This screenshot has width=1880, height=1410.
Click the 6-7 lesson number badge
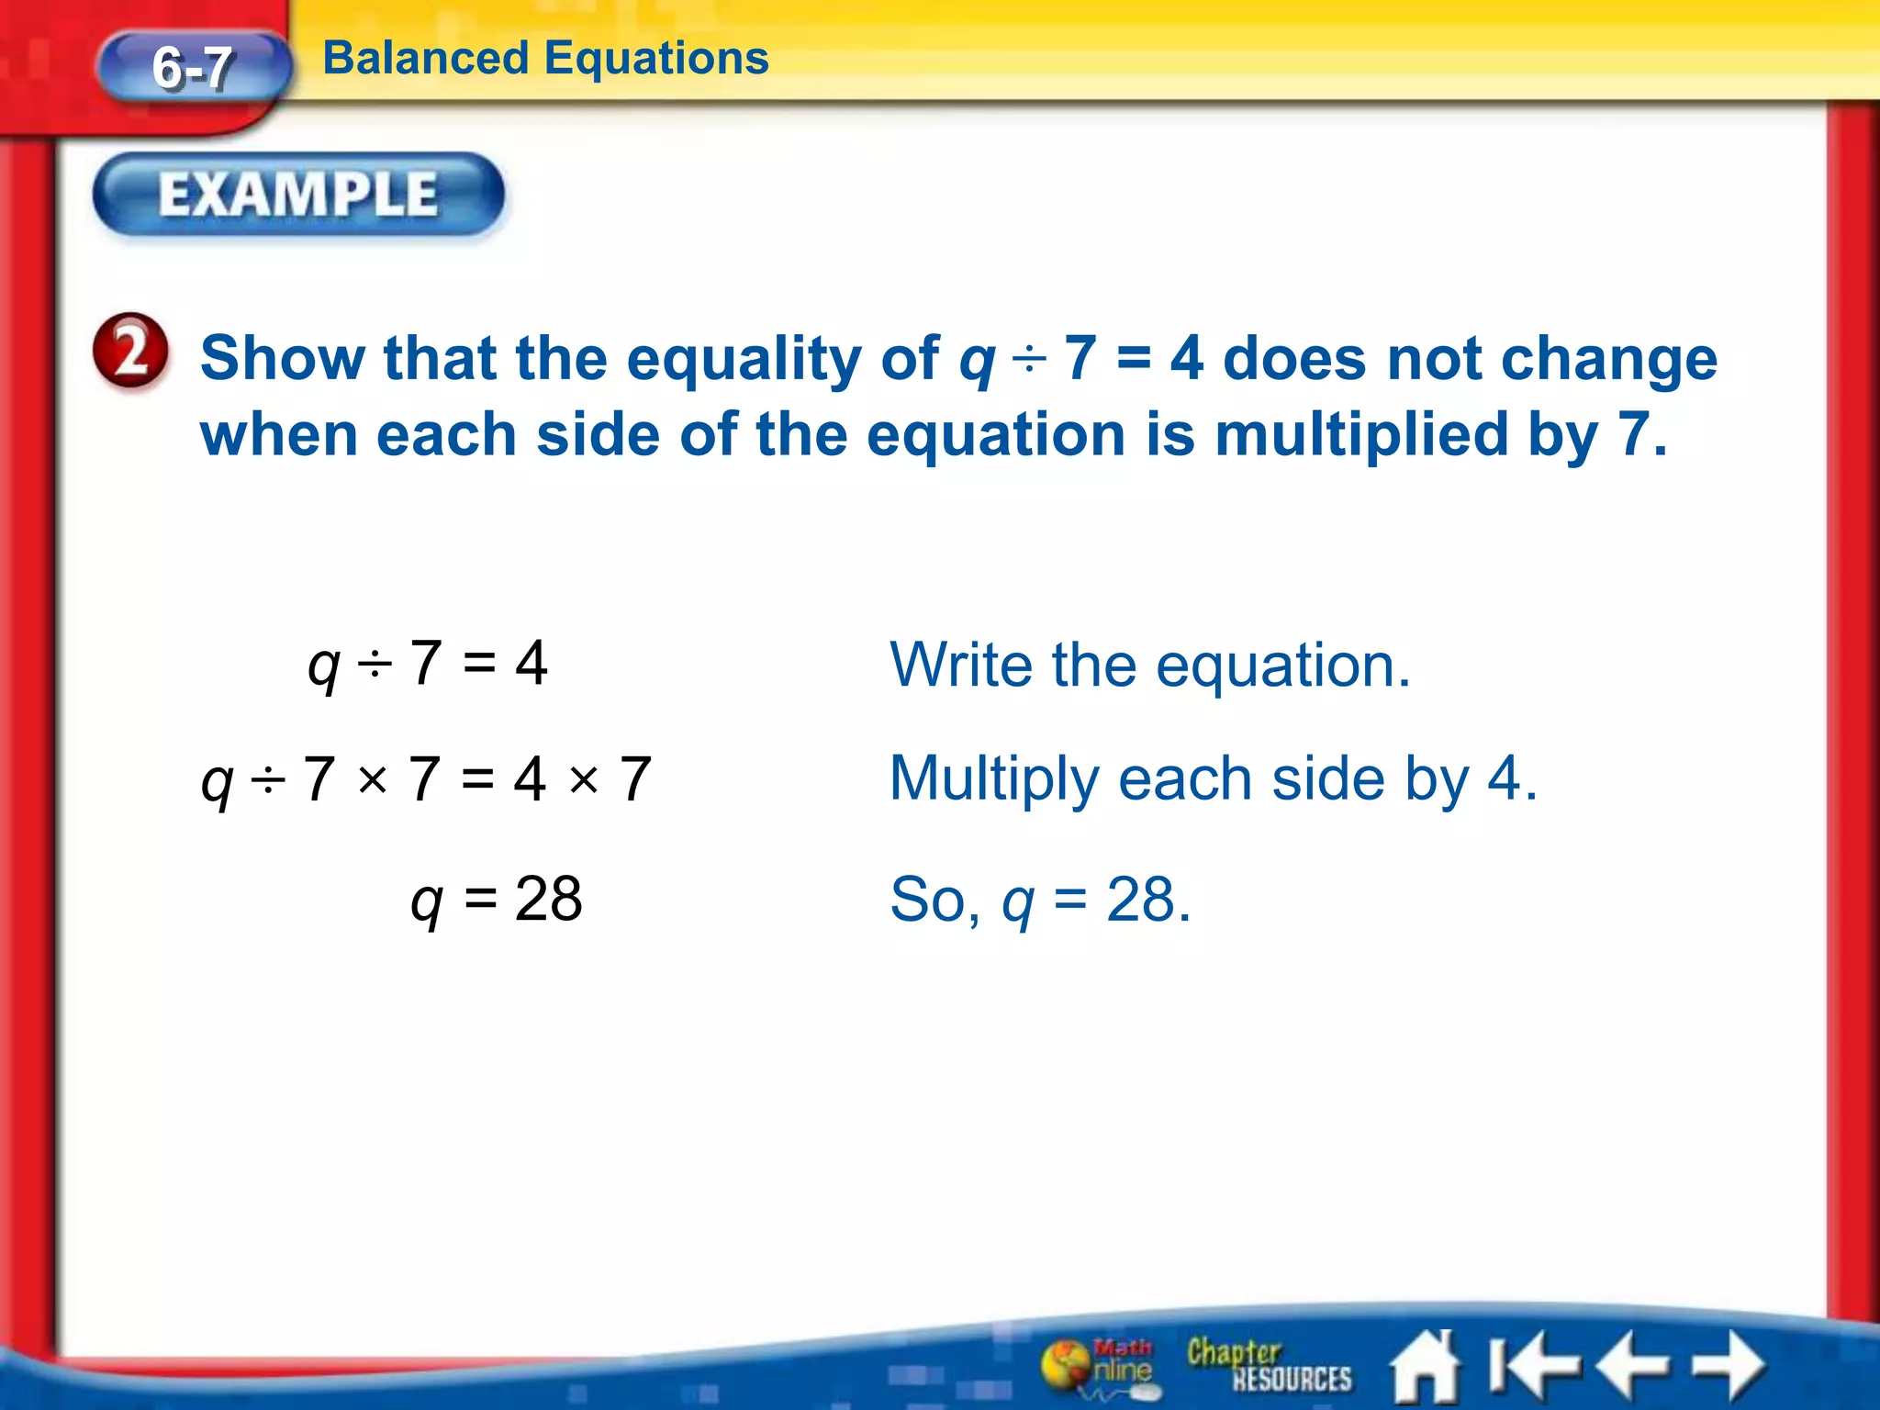(x=193, y=68)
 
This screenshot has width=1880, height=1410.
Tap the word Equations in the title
(x=656, y=59)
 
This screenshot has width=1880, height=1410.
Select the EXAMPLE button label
(x=298, y=195)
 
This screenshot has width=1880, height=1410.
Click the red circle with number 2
(x=131, y=352)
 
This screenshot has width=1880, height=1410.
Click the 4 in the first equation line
(x=532, y=663)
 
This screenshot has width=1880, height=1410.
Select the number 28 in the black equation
(x=548, y=899)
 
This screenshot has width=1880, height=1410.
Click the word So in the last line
(x=926, y=900)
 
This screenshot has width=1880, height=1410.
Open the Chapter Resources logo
(x=1268, y=1366)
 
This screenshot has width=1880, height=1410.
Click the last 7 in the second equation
(x=635, y=779)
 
